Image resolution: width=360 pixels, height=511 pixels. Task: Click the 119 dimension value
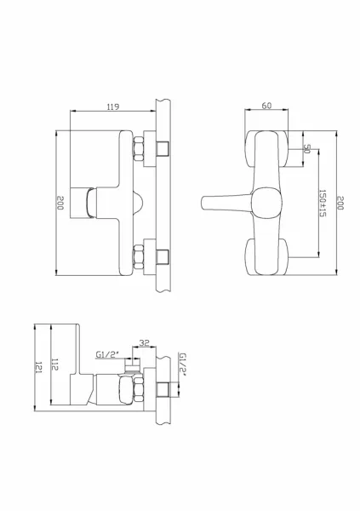pyautogui.click(x=113, y=106)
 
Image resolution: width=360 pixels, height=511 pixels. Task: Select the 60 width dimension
pyautogui.click(x=266, y=106)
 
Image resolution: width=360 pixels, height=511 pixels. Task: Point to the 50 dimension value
pyautogui.click(x=306, y=148)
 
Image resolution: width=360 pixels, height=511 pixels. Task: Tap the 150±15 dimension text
pyautogui.click(x=323, y=204)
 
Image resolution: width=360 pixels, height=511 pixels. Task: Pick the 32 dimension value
pyautogui.click(x=144, y=343)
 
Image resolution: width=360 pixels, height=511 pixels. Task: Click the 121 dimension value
pyautogui.click(x=38, y=367)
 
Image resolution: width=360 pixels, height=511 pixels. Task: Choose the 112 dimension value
pyautogui.click(x=54, y=365)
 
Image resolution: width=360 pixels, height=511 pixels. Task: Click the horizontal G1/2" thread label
pyautogui.click(x=108, y=354)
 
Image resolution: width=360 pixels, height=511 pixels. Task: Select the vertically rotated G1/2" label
pyautogui.click(x=183, y=365)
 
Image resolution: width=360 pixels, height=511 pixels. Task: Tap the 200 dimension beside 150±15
pyautogui.click(x=340, y=203)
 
